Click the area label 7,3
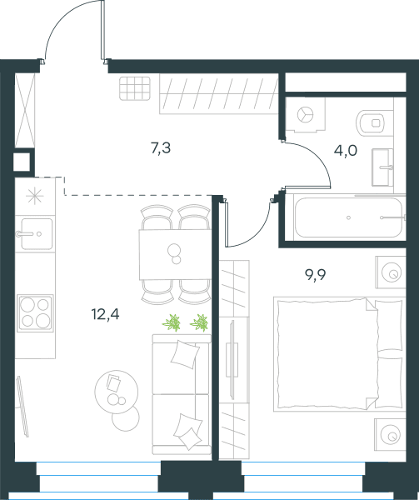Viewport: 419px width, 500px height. [x=161, y=148]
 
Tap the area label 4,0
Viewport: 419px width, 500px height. [x=346, y=151]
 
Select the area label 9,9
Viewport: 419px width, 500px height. [x=316, y=274]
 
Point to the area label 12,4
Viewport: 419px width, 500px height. [x=106, y=314]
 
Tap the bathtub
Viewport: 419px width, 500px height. [x=348, y=217]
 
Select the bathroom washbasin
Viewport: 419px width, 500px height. [x=382, y=167]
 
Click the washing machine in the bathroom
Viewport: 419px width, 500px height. [x=305, y=114]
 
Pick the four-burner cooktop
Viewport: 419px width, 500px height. [x=35, y=312]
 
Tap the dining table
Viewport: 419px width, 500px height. [x=175, y=254]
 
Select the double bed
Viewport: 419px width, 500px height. [x=339, y=354]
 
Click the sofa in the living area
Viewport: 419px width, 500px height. [x=182, y=394]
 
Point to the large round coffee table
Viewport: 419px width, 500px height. [x=117, y=392]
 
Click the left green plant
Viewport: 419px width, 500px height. [x=172, y=322]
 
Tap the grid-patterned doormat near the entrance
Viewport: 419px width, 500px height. [x=135, y=88]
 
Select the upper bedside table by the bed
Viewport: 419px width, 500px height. [x=391, y=272]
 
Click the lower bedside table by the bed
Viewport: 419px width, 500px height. [x=391, y=434]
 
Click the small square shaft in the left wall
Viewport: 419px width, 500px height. [x=22, y=162]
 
